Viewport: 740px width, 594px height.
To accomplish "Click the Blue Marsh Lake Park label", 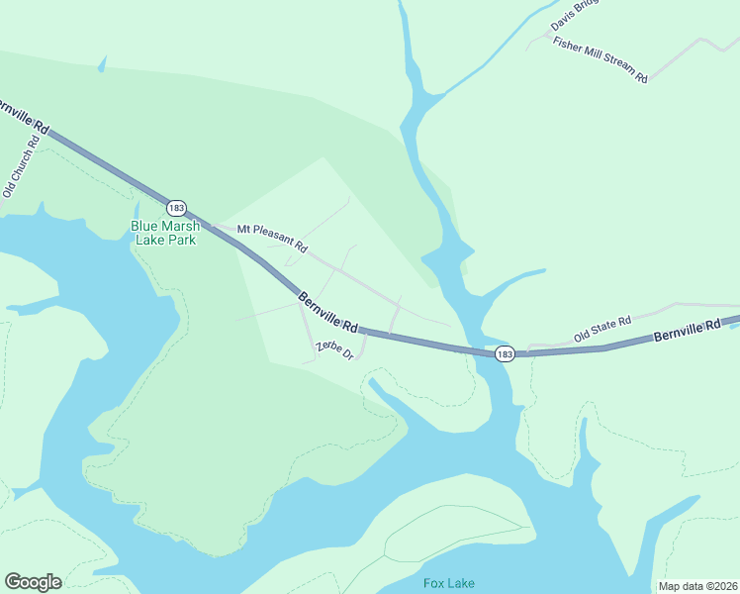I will (164, 233).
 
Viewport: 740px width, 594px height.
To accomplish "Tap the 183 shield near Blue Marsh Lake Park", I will (176, 208).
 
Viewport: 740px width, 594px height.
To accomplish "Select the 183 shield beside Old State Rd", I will (505, 353).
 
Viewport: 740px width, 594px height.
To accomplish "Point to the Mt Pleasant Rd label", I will (272, 237).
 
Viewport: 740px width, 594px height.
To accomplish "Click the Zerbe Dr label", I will (334, 349).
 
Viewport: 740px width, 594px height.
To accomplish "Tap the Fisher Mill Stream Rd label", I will (600, 60).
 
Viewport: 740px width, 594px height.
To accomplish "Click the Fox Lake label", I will (448, 583).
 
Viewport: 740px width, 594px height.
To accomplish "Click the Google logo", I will (33, 582).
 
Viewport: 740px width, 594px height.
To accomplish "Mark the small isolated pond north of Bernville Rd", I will (101, 65).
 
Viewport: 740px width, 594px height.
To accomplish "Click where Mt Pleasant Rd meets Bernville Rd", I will (215, 227).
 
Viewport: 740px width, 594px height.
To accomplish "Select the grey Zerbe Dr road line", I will (308, 334).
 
